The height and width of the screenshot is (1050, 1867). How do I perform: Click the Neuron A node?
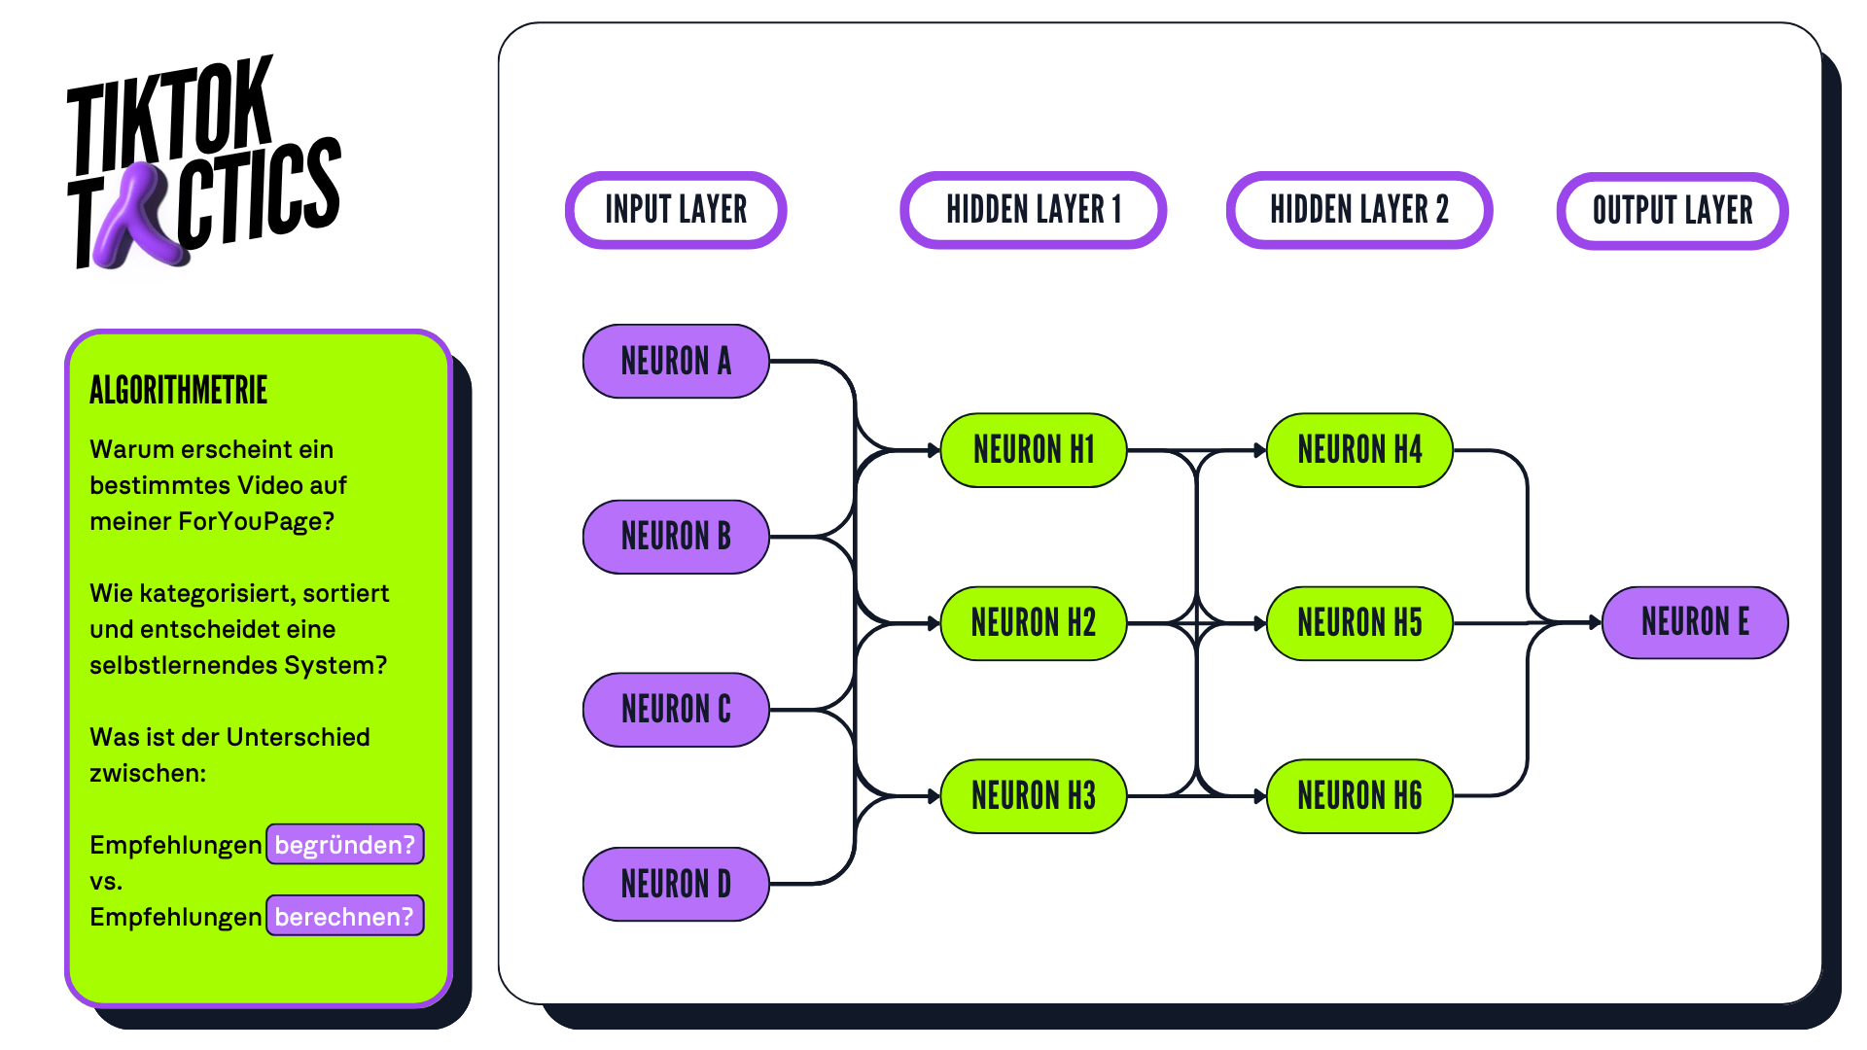(x=676, y=362)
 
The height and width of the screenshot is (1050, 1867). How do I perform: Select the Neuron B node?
(x=676, y=537)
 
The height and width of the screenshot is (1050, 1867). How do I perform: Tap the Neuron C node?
(x=676, y=710)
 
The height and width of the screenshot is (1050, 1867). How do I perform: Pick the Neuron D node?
(x=676, y=884)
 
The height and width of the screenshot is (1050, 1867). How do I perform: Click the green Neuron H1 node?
(x=1034, y=450)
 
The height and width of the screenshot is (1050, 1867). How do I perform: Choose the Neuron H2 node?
(x=1034, y=623)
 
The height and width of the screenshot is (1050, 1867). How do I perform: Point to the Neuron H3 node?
(x=1034, y=796)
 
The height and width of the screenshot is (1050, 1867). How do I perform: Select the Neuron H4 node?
(x=1359, y=450)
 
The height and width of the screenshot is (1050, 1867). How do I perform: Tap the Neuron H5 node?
(x=1359, y=623)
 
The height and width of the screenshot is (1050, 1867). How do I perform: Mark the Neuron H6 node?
(x=1359, y=796)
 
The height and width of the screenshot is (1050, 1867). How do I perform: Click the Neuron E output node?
(x=1695, y=622)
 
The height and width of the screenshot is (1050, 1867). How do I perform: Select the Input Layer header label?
(x=676, y=210)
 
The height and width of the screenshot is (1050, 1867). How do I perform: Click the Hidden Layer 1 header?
(x=1034, y=210)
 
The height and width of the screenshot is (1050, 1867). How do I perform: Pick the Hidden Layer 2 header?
(x=1359, y=210)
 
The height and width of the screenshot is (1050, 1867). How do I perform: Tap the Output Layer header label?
(x=1673, y=211)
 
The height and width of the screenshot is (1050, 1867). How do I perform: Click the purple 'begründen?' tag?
(x=345, y=844)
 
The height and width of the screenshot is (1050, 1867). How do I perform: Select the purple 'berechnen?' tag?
(x=345, y=916)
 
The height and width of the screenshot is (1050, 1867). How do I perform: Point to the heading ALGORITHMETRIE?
(x=178, y=391)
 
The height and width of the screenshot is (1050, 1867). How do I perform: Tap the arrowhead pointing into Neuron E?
(x=1595, y=622)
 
